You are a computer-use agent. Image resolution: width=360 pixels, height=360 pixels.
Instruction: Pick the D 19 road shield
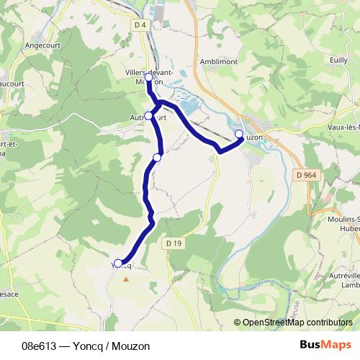174,243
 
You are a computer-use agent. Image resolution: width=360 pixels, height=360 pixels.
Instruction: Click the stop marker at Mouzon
239,133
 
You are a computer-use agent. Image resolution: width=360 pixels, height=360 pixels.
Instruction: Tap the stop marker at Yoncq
119,264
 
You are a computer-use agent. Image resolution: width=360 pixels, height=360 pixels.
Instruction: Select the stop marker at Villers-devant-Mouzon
148,76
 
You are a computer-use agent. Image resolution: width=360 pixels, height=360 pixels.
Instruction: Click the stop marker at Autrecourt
149,115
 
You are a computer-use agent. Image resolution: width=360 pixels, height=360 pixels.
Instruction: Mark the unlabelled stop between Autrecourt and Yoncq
157,157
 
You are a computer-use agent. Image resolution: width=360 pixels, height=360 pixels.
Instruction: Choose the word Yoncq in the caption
86,346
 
